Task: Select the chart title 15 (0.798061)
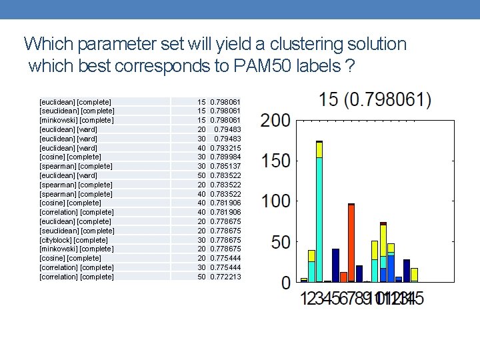tap(375, 101)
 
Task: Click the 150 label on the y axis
tap(275, 161)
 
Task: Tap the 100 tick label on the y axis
tap(275, 201)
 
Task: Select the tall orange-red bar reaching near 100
tap(351, 243)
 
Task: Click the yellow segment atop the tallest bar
tap(319, 150)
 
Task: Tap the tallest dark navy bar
tap(335, 265)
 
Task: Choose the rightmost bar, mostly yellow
tap(414, 275)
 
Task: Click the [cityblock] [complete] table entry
tap(73, 239)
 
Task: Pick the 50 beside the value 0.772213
tap(201, 276)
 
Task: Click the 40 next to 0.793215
tap(201, 147)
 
